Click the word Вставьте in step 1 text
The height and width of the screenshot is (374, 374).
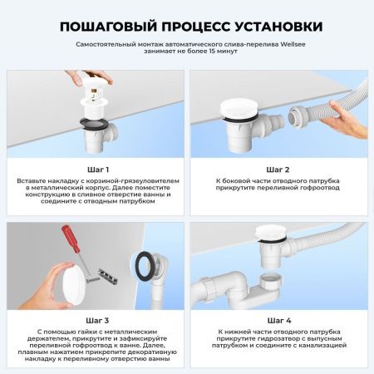click(x=35, y=180)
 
